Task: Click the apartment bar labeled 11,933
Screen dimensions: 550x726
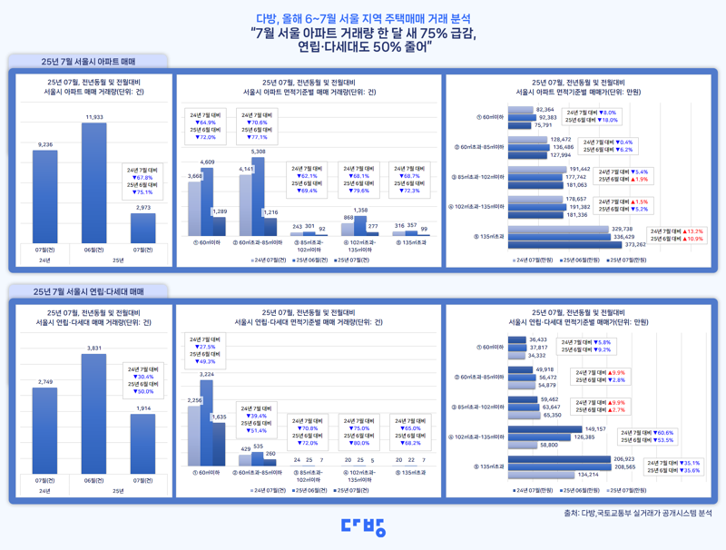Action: point(93,182)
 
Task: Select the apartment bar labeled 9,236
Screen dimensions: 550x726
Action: point(45,195)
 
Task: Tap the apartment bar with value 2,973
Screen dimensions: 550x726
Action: point(142,227)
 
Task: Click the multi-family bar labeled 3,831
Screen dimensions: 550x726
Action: point(93,413)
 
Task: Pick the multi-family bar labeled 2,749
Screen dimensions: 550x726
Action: point(45,430)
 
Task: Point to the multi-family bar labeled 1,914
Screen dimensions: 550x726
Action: point(142,444)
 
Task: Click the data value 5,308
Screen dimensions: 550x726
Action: point(259,152)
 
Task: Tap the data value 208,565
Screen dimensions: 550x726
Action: point(624,467)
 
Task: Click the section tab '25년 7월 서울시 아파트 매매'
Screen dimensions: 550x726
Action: point(88,62)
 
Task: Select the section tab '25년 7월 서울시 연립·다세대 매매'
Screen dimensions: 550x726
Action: point(88,292)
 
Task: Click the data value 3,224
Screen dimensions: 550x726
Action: point(207,374)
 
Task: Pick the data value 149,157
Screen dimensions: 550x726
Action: point(595,428)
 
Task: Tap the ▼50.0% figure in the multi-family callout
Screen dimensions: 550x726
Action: point(145,391)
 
